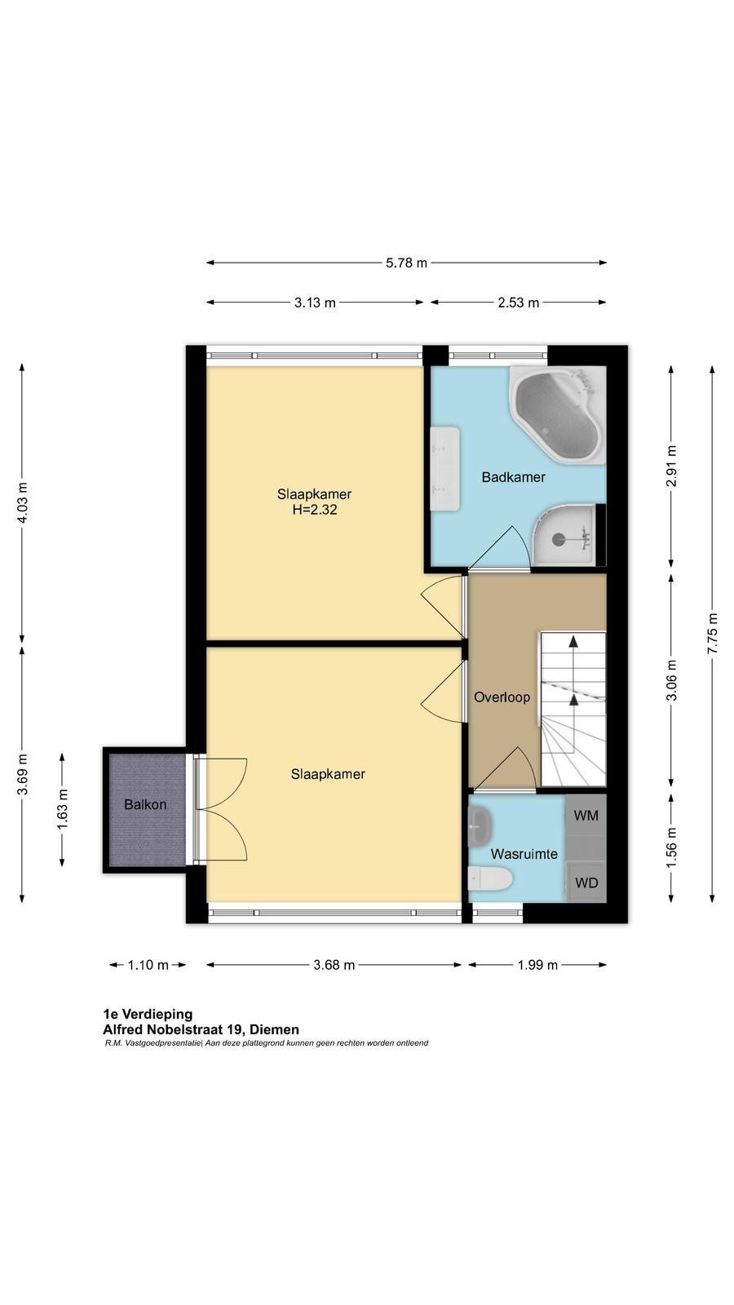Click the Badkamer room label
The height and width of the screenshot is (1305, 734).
coord(513,477)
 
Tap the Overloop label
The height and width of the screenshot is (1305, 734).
coord(502,697)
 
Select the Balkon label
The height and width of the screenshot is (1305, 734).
coord(145,804)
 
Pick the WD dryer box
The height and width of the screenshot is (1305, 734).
coord(586,883)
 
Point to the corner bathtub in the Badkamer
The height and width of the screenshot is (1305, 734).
coord(558,414)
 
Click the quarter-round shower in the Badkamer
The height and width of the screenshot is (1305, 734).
coord(564,535)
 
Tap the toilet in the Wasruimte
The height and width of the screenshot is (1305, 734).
coord(489,878)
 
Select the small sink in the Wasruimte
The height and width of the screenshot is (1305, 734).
coord(480,825)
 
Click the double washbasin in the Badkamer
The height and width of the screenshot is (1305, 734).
coord(445,468)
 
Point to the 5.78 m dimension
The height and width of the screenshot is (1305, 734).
coord(406,263)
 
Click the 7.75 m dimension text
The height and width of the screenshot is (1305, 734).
coord(712,633)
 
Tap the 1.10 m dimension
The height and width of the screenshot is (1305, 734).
coord(148,966)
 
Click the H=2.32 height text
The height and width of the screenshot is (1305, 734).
coord(315,510)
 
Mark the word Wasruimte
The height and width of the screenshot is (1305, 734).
coord(524,854)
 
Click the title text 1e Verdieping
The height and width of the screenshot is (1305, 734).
coord(148,1015)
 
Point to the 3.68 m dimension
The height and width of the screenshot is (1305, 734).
coord(334,966)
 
